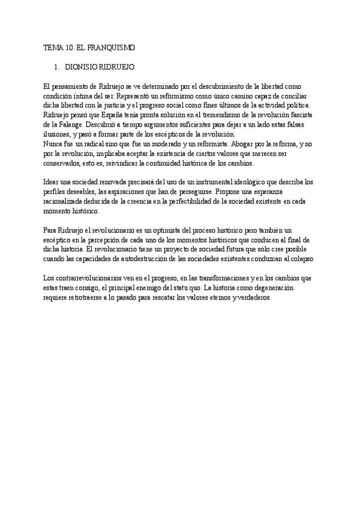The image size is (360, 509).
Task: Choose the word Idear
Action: tap(53, 182)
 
